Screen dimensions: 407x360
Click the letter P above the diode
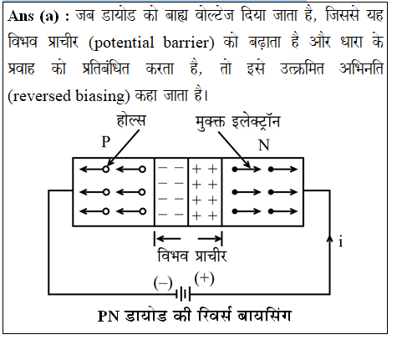[106, 142]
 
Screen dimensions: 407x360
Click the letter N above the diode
[264, 145]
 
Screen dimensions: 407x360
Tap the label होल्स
[131, 120]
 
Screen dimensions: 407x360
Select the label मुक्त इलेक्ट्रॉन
[237, 121]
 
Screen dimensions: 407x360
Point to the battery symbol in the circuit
[183, 294]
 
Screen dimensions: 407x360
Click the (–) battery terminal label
[163, 283]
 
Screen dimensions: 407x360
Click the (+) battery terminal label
[205, 279]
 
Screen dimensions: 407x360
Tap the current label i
[341, 241]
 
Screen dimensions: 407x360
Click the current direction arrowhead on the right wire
[330, 239]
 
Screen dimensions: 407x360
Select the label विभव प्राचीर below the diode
[192, 256]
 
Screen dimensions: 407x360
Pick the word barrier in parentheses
[186, 43]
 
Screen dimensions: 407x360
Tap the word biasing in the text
[100, 96]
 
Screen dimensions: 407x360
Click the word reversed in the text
[42, 96]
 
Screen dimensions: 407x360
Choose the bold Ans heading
[21, 16]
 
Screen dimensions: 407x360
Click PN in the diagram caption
[109, 316]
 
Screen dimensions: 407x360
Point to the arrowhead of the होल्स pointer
[109, 164]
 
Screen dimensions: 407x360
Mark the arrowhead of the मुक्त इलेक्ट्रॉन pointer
[248, 166]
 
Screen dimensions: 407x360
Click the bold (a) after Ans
[49, 17]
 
